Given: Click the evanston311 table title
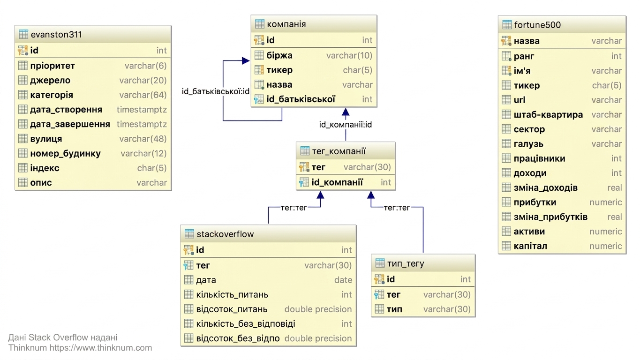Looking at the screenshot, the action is [56, 35].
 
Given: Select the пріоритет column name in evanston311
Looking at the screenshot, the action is [53, 66].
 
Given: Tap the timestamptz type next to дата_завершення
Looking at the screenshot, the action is [142, 124].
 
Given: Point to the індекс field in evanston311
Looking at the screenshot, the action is [45, 168].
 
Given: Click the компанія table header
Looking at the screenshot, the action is [286, 24].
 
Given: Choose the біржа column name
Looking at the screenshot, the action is [279, 55].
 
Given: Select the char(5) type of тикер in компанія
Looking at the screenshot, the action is [358, 70].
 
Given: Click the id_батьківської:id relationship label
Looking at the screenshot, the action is [216, 91].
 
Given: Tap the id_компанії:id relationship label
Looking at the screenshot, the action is [346, 125].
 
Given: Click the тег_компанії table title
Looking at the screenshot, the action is [339, 151].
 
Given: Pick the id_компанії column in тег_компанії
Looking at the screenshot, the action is [337, 182].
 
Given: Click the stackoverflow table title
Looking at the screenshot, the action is [225, 234].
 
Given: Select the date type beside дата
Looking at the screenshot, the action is [343, 280].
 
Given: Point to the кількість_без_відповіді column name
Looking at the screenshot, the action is [246, 324].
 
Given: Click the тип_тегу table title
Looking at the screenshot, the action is [406, 263].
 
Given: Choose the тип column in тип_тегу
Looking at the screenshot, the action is [395, 309].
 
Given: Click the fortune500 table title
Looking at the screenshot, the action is [537, 25].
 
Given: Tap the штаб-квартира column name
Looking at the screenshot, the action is [548, 115].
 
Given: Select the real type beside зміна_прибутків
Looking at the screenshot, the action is [615, 217].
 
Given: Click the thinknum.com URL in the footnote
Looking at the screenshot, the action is [100, 348].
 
